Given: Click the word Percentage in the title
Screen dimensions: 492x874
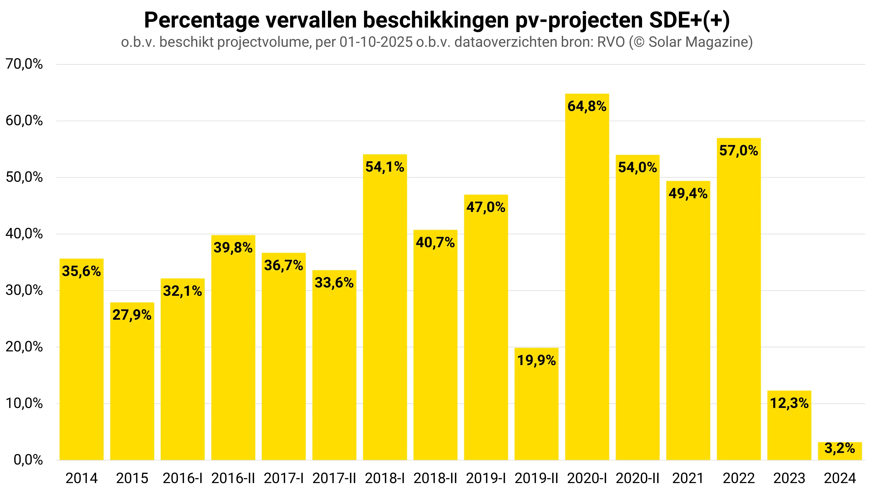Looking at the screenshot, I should [202, 20].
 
